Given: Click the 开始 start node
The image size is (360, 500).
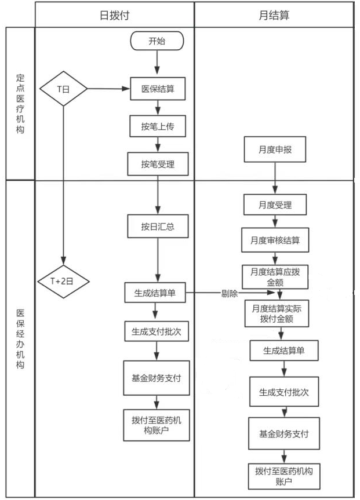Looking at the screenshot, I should (x=157, y=41).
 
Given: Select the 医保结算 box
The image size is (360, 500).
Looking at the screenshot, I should (x=158, y=89).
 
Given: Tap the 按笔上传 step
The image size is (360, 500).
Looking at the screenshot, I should (x=157, y=127).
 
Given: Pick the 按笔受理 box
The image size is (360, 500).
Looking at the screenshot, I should (x=157, y=164).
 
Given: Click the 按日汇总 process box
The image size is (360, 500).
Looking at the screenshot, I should (x=157, y=227).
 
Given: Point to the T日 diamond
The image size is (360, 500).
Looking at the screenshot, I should (x=63, y=89).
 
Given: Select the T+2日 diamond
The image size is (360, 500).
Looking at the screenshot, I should (x=63, y=282).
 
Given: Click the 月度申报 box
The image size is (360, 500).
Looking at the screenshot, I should (x=275, y=149).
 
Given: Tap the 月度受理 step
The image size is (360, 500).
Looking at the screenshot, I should (x=275, y=204).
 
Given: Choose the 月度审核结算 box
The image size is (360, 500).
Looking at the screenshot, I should (x=275, y=240).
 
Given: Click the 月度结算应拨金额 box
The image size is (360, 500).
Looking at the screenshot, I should (x=275, y=275).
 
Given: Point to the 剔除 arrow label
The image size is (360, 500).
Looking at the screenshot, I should (x=230, y=294).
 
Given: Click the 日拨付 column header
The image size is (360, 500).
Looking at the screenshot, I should (x=114, y=15).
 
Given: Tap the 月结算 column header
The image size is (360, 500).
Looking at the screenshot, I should (x=274, y=15).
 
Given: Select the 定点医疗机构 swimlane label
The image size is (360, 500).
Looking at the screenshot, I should (x=20, y=104).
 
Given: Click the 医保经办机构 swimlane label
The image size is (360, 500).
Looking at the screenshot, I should (x=20, y=338).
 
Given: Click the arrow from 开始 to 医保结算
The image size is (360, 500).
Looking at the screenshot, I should (x=157, y=63).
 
